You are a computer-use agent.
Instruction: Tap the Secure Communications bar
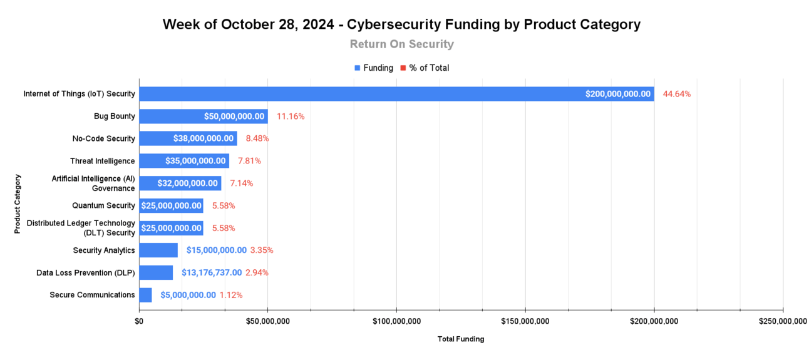(x=145, y=295)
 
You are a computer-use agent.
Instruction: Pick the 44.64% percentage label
(x=677, y=94)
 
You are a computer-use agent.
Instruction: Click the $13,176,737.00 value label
(x=212, y=272)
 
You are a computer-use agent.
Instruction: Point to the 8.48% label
(x=257, y=138)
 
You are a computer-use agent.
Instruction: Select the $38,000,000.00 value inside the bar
(x=203, y=138)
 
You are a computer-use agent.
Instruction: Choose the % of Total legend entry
(x=429, y=68)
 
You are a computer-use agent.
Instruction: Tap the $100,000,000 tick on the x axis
(x=396, y=321)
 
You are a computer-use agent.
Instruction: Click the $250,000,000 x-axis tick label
(x=783, y=321)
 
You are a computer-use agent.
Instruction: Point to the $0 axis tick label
(x=139, y=321)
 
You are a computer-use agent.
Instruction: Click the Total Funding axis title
(x=461, y=339)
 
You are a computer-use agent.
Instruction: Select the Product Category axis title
(x=18, y=203)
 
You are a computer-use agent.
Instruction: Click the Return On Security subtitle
(x=401, y=44)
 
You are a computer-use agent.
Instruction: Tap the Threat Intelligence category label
(x=102, y=161)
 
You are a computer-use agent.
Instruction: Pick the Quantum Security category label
(x=103, y=205)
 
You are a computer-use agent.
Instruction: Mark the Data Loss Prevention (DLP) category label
(x=85, y=272)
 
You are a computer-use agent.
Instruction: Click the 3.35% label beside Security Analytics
(x=262, y=250)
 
